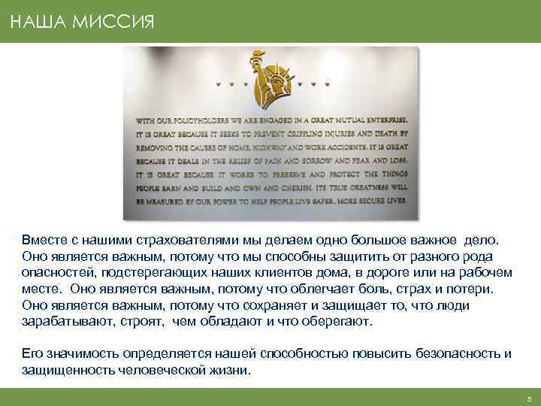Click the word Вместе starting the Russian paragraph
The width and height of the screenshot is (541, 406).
point(43,240)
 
